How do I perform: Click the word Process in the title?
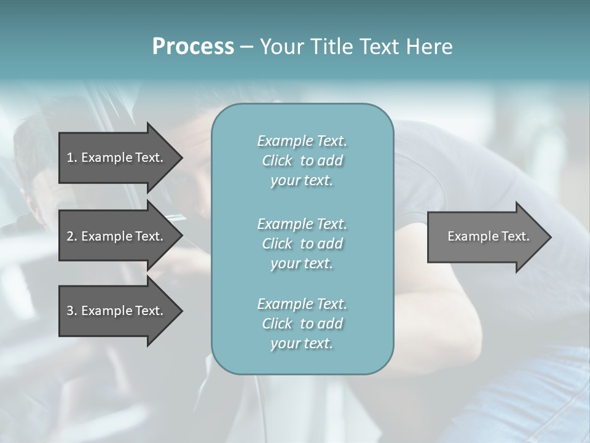click(193, 47)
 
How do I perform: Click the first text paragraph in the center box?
click(302, 161)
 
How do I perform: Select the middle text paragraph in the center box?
click(302, 244)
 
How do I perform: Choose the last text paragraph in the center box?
click(302, 324)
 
